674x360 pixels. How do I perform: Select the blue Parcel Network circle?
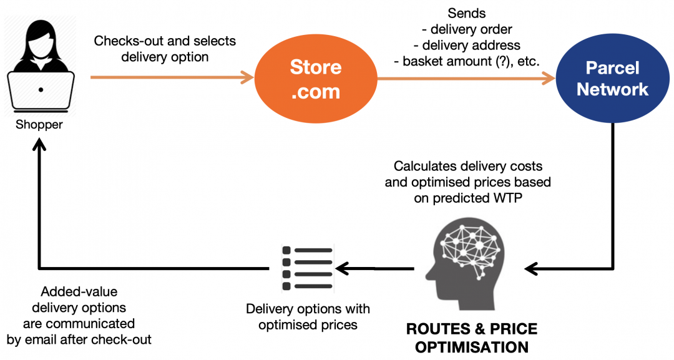[612, 79]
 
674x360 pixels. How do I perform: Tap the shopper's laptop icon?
[41, 90]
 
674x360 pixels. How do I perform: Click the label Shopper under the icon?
[39, 124]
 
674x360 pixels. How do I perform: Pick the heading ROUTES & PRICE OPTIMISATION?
[471, 338]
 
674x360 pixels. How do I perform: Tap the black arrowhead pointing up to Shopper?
[39, 145]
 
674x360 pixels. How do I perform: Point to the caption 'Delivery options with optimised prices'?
[308, 316]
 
